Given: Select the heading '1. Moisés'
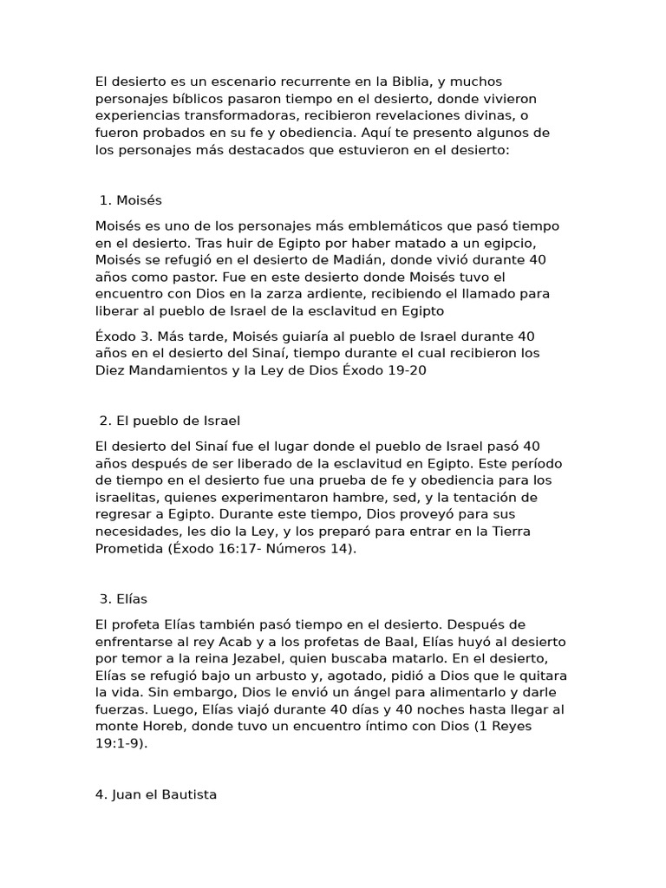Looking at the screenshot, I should pos(131,200).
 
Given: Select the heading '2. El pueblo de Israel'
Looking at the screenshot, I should pos(169,421).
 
